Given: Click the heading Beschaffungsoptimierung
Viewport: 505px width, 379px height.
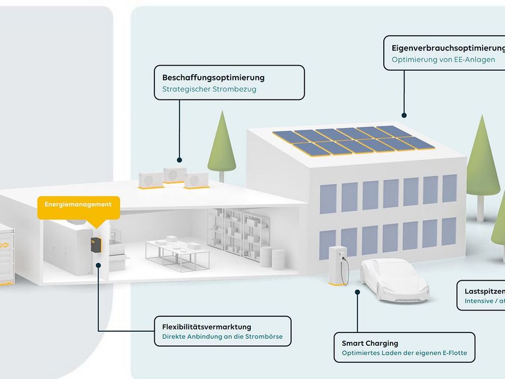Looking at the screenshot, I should (x=213, y=77).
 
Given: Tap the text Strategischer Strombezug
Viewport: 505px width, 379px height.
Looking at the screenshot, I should (x=209, y=89).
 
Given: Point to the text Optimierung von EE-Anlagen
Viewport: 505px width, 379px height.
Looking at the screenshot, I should (x=443, y=60).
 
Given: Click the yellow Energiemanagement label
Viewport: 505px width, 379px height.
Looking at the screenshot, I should (x=78, y=205).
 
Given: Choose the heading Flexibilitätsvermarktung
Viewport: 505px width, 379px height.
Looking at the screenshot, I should (x=206, y=327).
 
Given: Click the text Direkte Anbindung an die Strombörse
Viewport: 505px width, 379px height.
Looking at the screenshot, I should (x=222, y=338).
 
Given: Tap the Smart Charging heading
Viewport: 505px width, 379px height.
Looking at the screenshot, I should (x=370, y=343).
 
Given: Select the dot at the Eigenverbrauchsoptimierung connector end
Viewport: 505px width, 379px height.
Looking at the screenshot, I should (x=404, y=115).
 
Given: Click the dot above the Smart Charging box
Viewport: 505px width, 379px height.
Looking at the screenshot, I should (x=357, y=291).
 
